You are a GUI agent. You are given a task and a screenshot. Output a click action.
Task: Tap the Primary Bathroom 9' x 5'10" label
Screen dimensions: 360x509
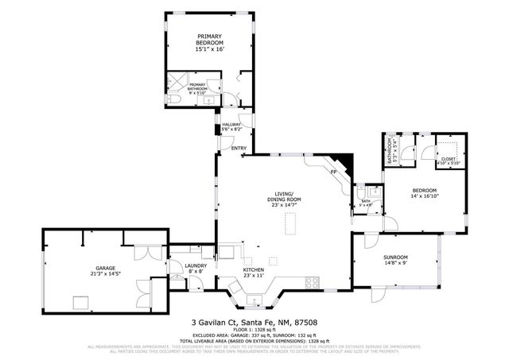[197, 88]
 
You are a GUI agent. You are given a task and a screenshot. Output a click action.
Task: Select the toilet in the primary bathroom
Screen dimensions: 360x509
[173, 100]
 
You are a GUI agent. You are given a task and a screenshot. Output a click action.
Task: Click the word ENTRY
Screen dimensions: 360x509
[238, 149]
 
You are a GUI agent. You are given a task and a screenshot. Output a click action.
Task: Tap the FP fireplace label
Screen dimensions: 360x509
[334, 172]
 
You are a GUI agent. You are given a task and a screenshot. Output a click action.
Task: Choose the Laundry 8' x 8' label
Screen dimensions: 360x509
[195, 269]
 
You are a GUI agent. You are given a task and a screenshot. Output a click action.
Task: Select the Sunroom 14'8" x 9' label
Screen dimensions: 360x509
[395, 261]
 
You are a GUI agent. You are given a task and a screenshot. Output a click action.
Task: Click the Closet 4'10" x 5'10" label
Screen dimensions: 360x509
[449, 161]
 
